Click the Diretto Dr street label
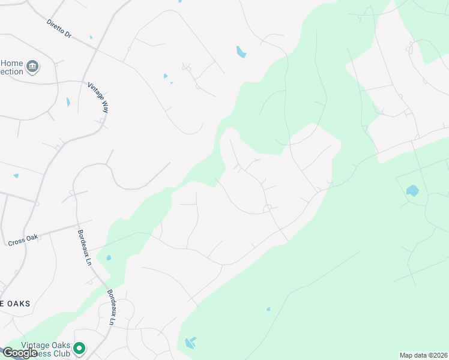pos(59,29)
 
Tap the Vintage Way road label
pos(98,97)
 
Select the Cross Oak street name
pos(22,242)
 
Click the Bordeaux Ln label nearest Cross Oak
pos(84,247)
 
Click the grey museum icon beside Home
pos(32,66)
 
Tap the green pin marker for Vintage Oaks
pos(79,348)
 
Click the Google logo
pos(19,353)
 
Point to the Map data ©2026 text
pos(424,355)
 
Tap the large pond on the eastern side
pos(412,191)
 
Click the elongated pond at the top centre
pos(241,52)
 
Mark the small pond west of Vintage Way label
pos(68,102)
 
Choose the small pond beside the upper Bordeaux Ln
pos(109,258)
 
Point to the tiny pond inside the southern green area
pos(268,310)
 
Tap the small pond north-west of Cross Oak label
pos(16,176)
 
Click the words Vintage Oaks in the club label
pos(43,345)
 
